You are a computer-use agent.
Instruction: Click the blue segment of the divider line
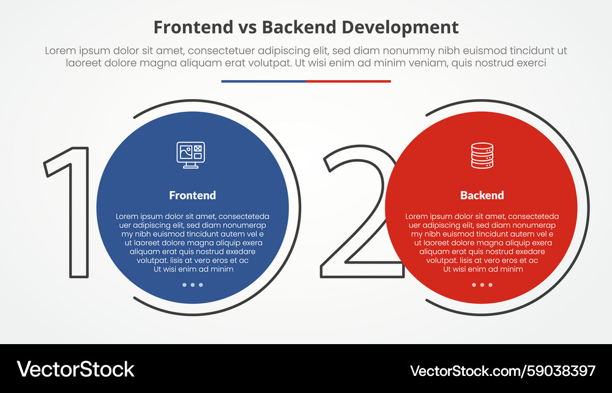pos(263,81)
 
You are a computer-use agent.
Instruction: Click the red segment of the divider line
pos(348,81)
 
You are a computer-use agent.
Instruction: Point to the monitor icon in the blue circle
pos(190,155)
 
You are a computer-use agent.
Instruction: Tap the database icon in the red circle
pos(482,155)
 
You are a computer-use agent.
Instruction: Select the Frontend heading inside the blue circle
pos(192,196)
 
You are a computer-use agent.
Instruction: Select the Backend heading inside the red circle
pos(482,196)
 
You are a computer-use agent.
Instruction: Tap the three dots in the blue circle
pos(192,285)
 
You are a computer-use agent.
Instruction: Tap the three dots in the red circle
pos(482,285)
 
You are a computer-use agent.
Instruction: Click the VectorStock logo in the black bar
pos(75,369)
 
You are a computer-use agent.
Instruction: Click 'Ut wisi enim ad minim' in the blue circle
pos(193,269)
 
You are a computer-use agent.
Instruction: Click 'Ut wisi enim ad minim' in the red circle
pos(482,269)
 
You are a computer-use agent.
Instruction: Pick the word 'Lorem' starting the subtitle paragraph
pos(60,51)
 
